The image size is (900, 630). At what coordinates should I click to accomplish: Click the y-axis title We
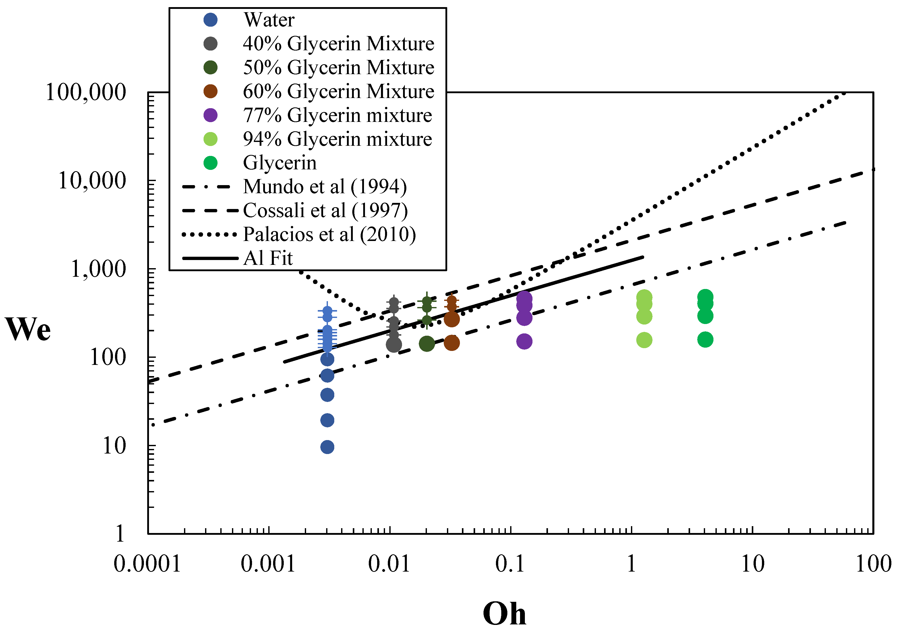click(x=28, y=330)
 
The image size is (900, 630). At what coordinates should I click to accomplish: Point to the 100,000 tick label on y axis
click(x=86, y=93)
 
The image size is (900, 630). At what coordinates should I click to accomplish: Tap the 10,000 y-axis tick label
click(x=92, y=181)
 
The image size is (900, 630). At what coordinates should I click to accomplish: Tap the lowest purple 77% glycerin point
click(x=524, y=341)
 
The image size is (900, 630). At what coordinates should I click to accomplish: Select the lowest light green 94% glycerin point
click(x=644, y=340)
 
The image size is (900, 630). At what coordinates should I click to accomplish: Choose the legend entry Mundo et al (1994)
click(x=325, y=187)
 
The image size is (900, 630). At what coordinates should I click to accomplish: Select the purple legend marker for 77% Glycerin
click(x=210, y=115)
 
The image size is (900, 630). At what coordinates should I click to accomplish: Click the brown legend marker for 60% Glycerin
click(x=210, y=91)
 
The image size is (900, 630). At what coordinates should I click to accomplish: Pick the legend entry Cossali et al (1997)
click(x=325, y=211)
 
